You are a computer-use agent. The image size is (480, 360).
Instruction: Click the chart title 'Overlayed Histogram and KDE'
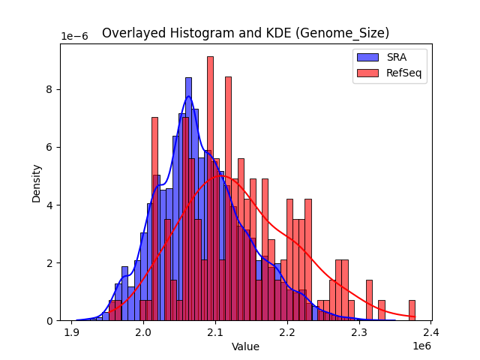tap(245, 33)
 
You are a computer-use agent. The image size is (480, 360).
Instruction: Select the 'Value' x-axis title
tap(245, 346)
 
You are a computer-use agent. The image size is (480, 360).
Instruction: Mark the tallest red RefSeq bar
tap(210, 187)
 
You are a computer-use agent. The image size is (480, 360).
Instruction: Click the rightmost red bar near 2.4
tap(412, 310)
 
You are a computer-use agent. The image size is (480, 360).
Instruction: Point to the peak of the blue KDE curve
tap(188, 96)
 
